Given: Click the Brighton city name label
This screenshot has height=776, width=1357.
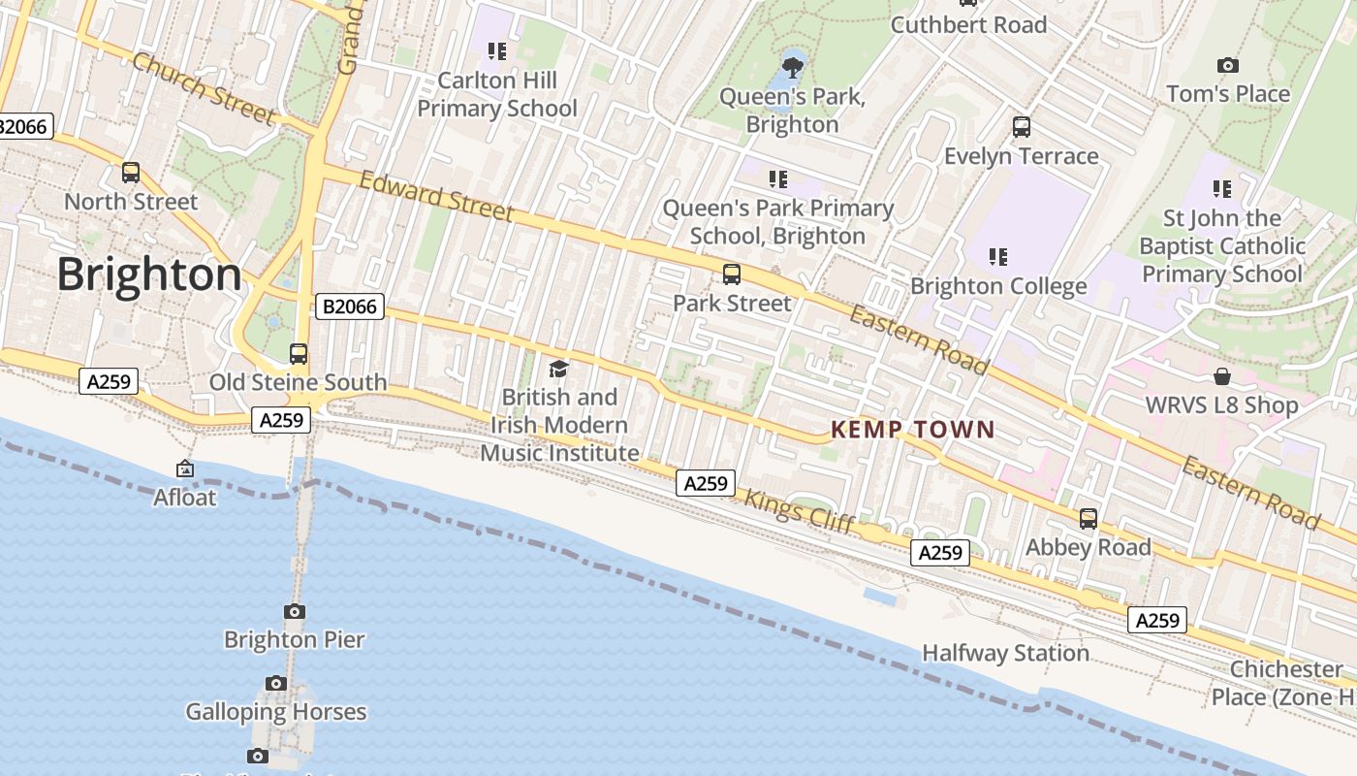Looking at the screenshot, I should pos(149,275).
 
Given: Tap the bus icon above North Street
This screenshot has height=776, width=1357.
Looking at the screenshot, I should pos(131,173).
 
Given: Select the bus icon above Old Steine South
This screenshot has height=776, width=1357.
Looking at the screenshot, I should pos(299,354).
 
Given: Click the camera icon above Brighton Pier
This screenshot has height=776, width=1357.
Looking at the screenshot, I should pos(295,611).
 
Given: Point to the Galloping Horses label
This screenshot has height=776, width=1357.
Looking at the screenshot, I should pos(276,711).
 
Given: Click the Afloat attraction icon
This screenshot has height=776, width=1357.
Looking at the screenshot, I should pos(185,469).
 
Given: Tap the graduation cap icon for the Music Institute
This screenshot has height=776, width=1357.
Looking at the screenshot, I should pos(558,369).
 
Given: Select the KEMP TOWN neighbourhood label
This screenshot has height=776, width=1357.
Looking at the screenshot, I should pos(913,429).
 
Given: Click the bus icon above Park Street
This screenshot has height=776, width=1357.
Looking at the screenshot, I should pos(732,275).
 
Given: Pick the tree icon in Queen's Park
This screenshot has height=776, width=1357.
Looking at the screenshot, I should pos(793,67).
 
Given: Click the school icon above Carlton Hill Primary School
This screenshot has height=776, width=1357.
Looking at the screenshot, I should pos(497,50).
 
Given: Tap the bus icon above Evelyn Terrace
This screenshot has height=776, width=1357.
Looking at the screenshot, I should pos(1022,127).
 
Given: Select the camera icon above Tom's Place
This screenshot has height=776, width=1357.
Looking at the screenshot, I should pos(1228,65).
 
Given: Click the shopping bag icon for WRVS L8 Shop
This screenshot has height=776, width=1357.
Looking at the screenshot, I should pos(1222,376).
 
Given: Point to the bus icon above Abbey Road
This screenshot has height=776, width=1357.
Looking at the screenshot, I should pos(1089,519).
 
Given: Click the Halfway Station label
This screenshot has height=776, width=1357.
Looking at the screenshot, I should pos(1005,653).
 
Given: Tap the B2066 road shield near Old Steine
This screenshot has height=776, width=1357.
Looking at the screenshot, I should pos(350,307).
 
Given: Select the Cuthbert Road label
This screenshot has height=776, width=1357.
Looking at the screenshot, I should pos(968,24).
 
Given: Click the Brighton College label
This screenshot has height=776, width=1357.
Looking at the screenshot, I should pos(998,286).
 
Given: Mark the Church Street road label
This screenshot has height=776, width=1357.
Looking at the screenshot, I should pos(204,88).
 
